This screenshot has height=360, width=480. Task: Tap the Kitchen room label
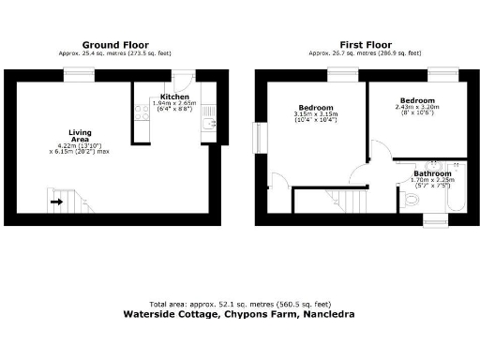176,97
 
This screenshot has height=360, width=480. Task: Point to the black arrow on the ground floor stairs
56,200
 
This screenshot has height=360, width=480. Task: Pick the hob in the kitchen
141,113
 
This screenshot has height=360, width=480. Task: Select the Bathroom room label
432,174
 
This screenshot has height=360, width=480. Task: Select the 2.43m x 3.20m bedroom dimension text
416,107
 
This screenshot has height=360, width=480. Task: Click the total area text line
239,306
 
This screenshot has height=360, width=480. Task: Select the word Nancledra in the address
327,316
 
